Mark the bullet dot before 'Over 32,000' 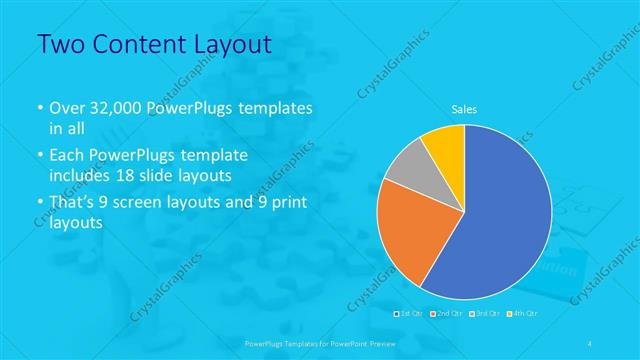40,108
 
